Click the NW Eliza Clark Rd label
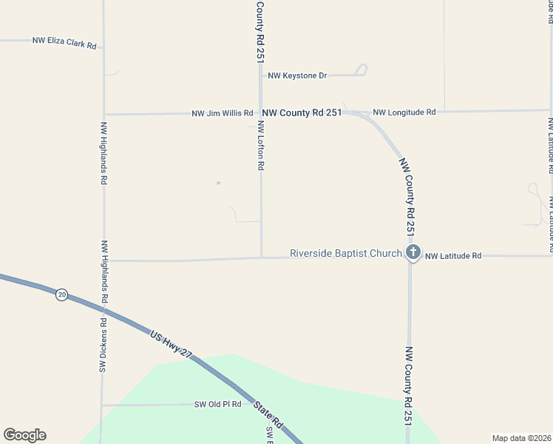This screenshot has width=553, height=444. click(x=64, y=42)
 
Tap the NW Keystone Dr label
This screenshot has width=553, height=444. click(x=297, y=75)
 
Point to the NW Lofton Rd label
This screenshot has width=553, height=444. click(x=261, y=145)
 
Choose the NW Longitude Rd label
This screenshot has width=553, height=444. click(x=404, y=112)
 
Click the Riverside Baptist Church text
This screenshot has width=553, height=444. click(x=345, y=253)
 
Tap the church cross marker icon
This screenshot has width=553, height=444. click(x=413, y=254)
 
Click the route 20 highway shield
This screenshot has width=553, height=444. click(x=61, y=295)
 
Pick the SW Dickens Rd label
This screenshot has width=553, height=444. click(x=104, y=346)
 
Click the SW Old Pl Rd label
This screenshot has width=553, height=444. click(x=218, y=404)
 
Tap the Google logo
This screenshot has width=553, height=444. click(x=24, y=435)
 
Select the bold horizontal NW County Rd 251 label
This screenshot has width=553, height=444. click(x=302, y=112)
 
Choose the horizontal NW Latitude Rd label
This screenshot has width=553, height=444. click(x=453, y=255)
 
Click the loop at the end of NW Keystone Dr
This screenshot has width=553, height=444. click(x=361, y=70)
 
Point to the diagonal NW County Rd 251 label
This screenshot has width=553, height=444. click(x=407, y=196)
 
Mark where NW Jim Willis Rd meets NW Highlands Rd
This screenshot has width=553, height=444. click(x=104, y=114)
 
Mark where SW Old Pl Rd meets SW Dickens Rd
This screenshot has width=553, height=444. click(x=102, y=405)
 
